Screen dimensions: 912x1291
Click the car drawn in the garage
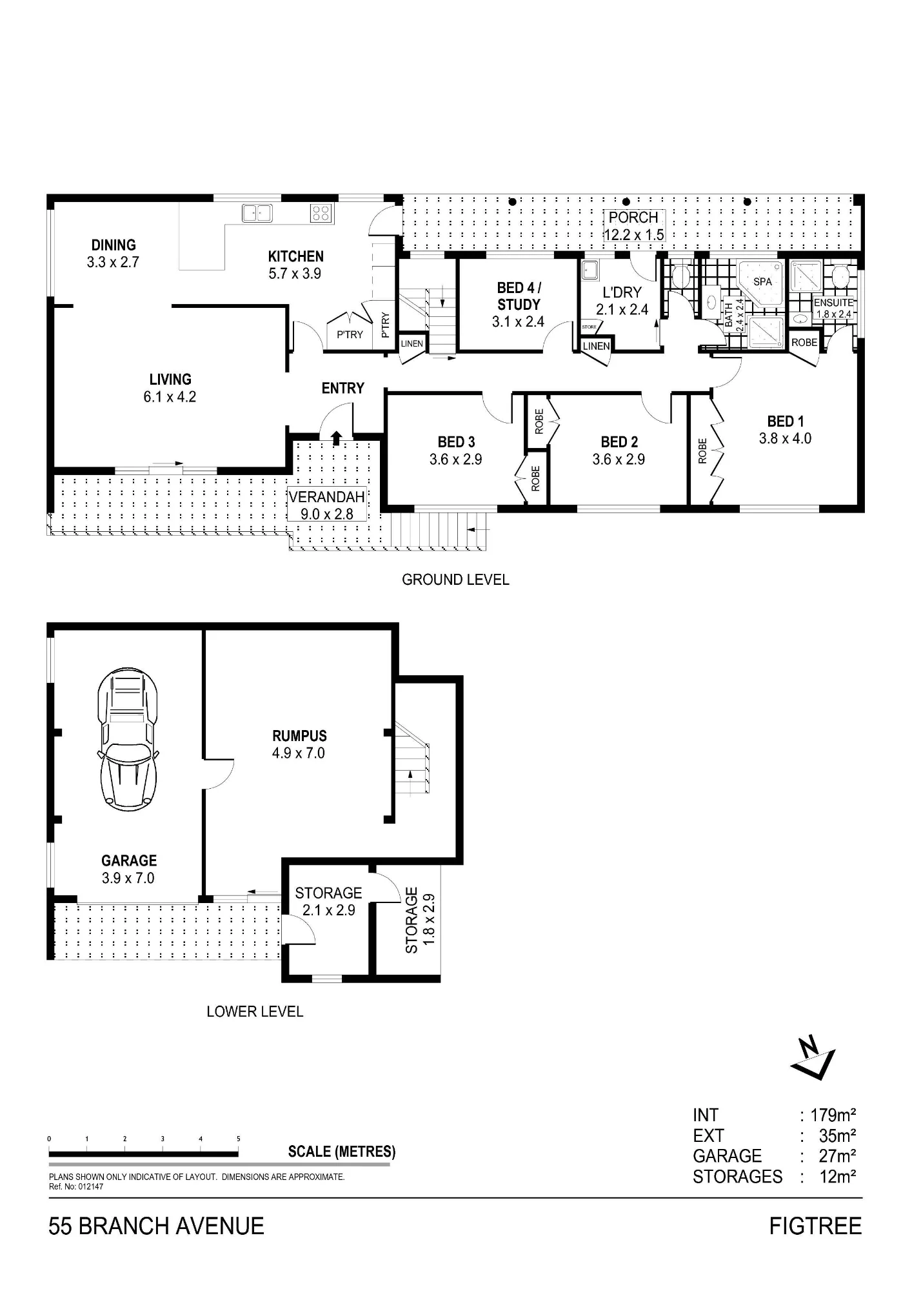click(128, 740)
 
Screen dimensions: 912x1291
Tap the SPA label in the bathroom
click(762, 282)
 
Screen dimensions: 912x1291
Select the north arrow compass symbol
click(813, 1059)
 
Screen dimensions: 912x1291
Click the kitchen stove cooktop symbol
click(322, 213)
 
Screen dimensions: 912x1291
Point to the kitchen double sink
click(257, 213)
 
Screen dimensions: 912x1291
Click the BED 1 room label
click(785, 422)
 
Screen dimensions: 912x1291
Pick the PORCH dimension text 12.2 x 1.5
click(633, 235)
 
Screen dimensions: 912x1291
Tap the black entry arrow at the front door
click(336, 438)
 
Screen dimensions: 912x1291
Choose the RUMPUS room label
click(299, 736)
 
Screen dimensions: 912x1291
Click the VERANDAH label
click(327, 498)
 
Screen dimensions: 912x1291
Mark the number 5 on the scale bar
click(239, 1139)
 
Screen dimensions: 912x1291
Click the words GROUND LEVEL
click(455, 580)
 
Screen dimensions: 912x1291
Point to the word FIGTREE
click(815, 1226)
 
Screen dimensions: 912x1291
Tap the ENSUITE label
click(834, 302)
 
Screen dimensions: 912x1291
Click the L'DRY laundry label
click(622, 292)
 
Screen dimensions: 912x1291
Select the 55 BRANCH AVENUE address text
click(156, 1226)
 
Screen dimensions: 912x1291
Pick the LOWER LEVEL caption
click(255, 1011)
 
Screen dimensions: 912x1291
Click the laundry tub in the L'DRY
click(590, 270)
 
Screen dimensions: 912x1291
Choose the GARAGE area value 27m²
click(837, 1156)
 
